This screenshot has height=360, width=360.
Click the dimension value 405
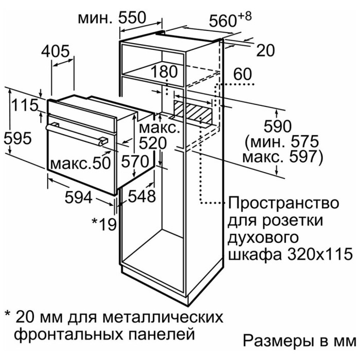(55, 51)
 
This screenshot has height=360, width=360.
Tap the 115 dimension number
(25, 105)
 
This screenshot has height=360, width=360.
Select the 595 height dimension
(17, 138)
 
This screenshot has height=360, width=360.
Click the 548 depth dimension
(141, 196)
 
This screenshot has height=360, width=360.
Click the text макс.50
(80, 164)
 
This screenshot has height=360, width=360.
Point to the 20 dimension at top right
(265, 50)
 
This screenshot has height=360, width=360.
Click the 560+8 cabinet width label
(230, 20)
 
